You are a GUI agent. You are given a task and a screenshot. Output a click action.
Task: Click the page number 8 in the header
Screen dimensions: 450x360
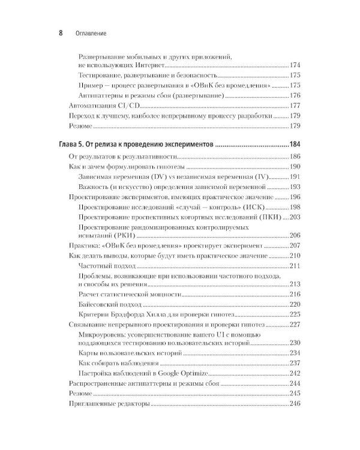click(61, 34)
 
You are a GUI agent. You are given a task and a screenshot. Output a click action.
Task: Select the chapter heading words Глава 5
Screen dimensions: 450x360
click(76, 145)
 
